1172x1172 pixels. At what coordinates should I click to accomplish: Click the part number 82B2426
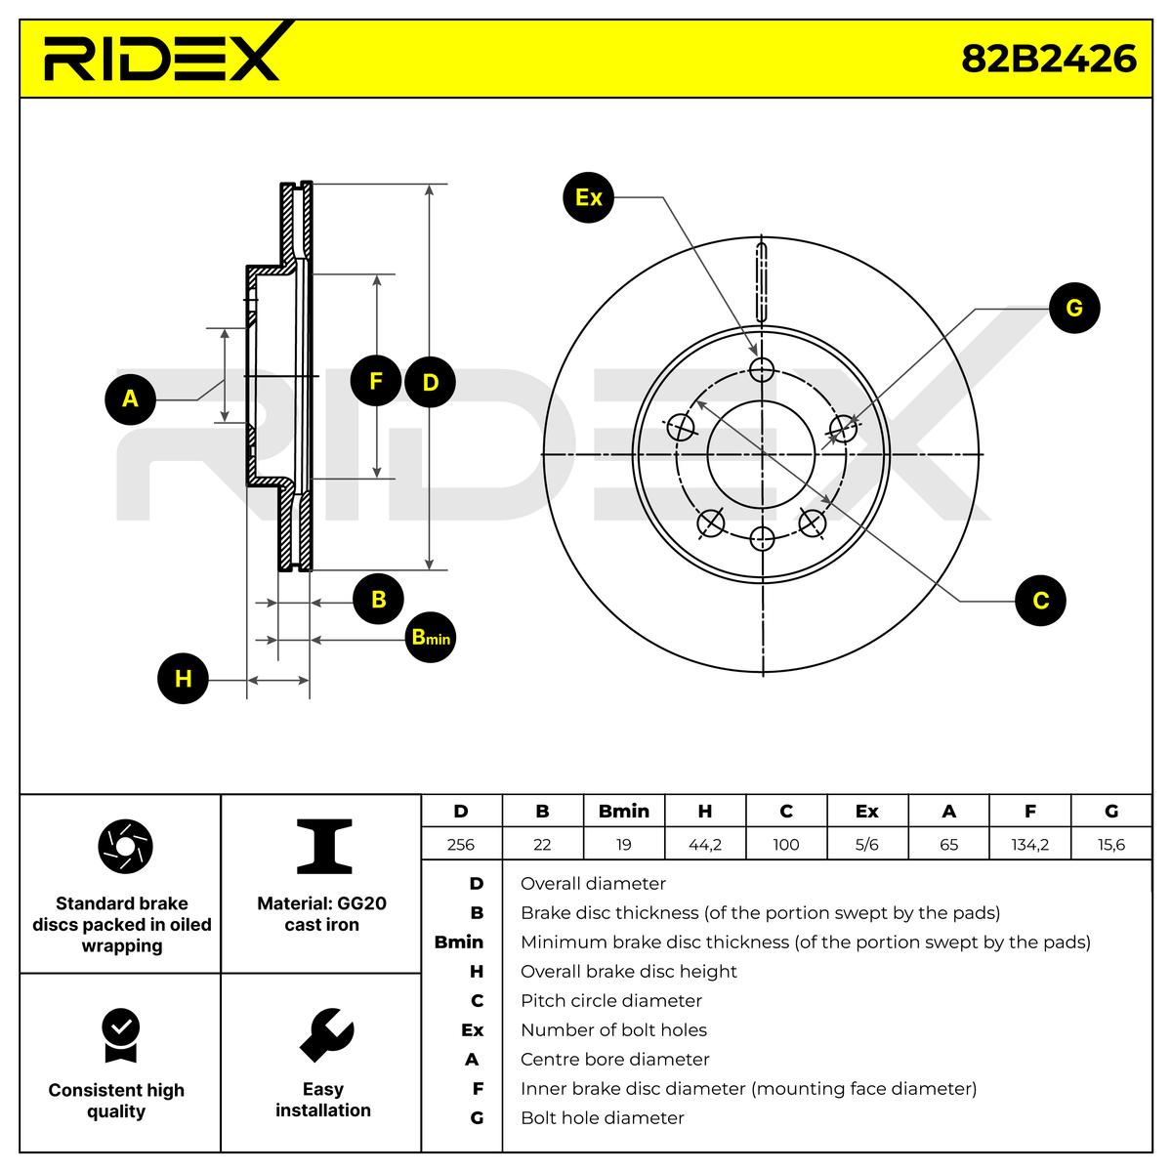1049,60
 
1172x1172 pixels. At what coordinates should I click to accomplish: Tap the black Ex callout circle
588,197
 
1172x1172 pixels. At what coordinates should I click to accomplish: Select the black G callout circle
1074,308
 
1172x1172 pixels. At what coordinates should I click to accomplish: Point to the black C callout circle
1040,601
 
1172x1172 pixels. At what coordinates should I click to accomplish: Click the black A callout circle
130,399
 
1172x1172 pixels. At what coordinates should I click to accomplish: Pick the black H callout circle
183,679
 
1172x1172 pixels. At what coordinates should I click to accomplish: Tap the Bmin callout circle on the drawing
430,637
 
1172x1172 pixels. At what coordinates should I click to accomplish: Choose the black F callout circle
376,381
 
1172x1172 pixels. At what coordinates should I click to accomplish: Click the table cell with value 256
460,844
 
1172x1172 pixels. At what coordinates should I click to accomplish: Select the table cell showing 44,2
705,844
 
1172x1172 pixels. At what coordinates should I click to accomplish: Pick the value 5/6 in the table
866,844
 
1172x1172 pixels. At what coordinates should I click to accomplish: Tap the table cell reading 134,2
1029,844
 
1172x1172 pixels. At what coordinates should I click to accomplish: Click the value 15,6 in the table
1111,844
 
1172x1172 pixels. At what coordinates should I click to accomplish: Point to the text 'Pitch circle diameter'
610,1000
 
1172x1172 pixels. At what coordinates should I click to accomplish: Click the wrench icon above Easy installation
326,1035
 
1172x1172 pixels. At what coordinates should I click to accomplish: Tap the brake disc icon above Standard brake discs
125,846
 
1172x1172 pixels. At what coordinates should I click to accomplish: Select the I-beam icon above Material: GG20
324,846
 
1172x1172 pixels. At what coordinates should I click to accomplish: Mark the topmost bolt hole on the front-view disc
762,369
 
